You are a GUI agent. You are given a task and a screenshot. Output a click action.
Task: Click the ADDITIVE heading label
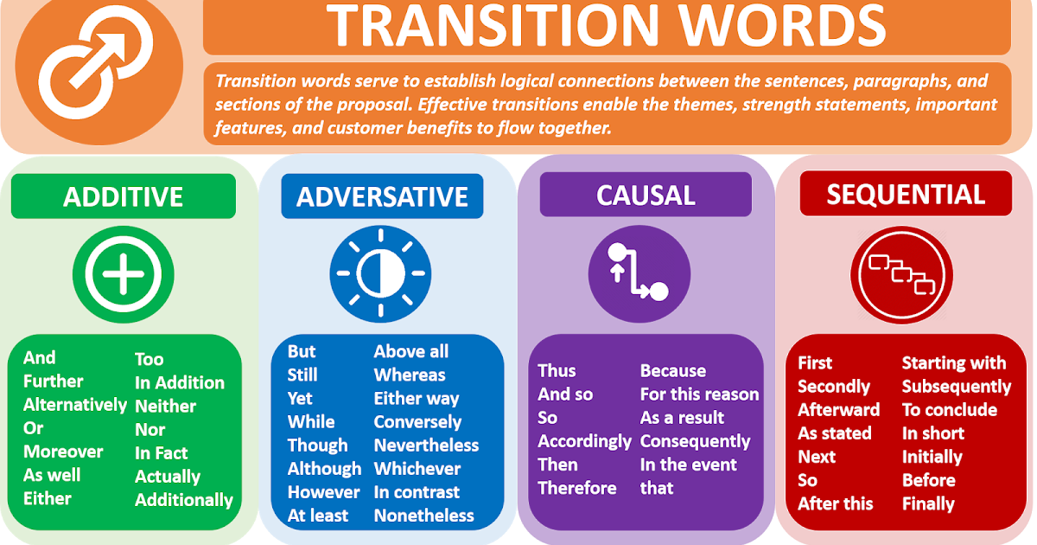click(123, 196)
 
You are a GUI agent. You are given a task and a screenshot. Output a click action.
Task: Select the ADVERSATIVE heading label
click(382, 196)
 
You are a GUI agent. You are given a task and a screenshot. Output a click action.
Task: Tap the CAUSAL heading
click(646, 196)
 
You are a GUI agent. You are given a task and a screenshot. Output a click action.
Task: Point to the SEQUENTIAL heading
click(906, 195)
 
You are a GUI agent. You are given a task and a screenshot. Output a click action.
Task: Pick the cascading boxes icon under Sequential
click(901, 273)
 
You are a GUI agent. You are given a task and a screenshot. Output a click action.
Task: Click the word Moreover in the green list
click(63, 452)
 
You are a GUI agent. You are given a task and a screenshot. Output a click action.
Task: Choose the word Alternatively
click(75, 405)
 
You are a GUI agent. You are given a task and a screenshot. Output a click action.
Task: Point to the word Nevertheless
click(426, 446)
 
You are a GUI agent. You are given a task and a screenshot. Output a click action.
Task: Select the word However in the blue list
click(323, 492)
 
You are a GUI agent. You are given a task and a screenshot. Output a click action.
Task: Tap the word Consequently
click(695, 441)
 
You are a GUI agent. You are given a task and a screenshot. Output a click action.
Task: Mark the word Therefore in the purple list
click(577, 488)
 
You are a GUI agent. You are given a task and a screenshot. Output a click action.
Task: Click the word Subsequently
click(956, 387)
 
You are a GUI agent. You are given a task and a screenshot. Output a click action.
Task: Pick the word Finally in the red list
click(928, 503)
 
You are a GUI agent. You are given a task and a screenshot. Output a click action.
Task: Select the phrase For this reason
click(699, 394)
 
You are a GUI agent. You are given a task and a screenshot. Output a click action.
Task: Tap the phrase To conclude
click(949, 410)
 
